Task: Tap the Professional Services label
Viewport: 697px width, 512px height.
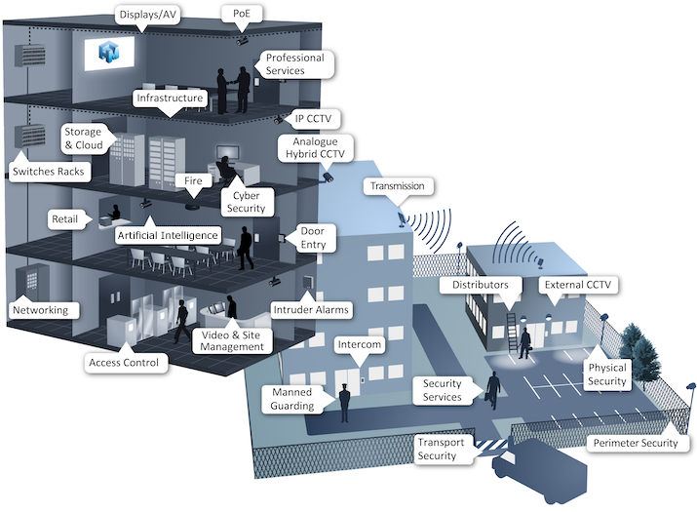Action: (x=298, y=64)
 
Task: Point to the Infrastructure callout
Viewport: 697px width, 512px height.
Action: (x=170, y=98)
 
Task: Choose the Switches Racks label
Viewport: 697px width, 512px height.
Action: (x=48, y=173)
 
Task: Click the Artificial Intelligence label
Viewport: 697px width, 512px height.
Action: (x=168, y=236)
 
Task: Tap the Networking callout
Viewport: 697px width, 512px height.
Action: (x=40, y=310)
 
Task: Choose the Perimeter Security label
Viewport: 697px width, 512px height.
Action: (x=635, y=444)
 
